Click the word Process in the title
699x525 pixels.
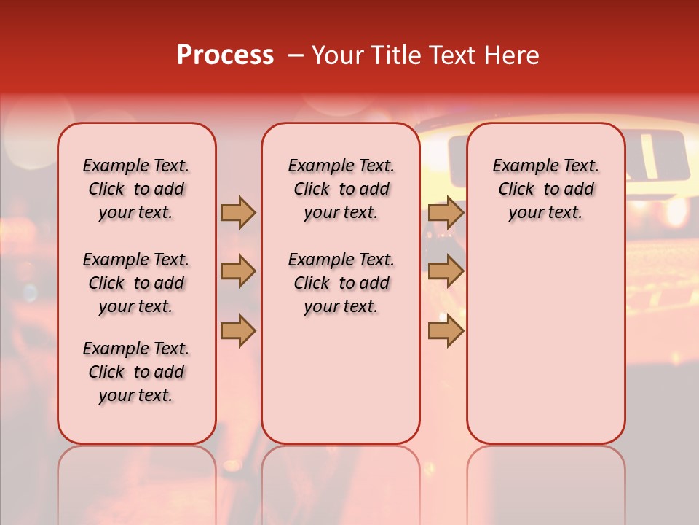pyautogui.click(x=225, y=55)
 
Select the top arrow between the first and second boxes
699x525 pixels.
pyautogui.click(x=238, y=212)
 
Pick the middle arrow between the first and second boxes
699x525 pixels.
pyautogui.click(x=238, y=272)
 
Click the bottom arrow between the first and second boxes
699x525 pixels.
pyautogui.click(x=238, y=330)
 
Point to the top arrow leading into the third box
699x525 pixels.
pyautogui.click(x=446, y=212)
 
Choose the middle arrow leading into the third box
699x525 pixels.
pyautogui.click(x=446, y=272)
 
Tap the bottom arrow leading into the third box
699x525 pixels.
pyautogui.click(x=446, y=330)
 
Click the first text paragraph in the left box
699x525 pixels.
pyautogui.click(x=136, y=189)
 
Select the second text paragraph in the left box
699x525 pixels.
pyautogui.click(x=136, y=283)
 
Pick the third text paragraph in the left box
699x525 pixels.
pyautogui.click(x=136, y=372)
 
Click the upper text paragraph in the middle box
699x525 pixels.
pyautogui.click(x=341, y=189)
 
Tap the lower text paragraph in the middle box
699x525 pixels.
pyautogui.click(x=341, y=283)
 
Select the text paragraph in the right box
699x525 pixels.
pyautogui.click(x=546, y=189)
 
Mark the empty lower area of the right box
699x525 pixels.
pyautogui.click(x=546, y=343)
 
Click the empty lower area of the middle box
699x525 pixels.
pyautogui.click(x=341, y=379)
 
